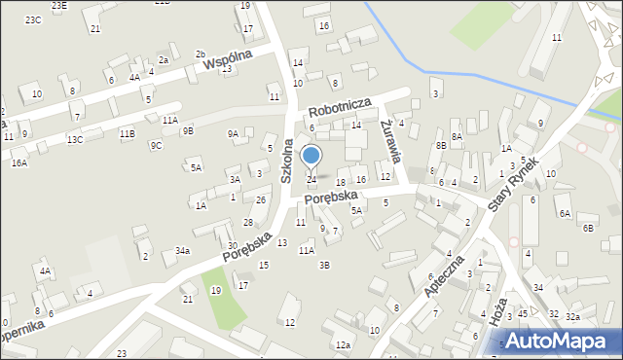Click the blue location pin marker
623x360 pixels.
311,157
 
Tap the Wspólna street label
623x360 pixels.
228,59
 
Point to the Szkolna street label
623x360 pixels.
288,160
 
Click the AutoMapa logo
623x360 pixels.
560,342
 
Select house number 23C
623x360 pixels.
33,19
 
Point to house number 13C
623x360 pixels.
75,140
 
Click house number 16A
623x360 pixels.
19,162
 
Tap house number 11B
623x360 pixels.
127,133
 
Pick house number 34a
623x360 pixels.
182,250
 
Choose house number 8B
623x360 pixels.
441,145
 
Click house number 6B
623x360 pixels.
588,228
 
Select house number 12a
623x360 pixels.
343,344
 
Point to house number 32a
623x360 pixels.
573,316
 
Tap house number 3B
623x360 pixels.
325,265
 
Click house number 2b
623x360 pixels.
201,54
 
